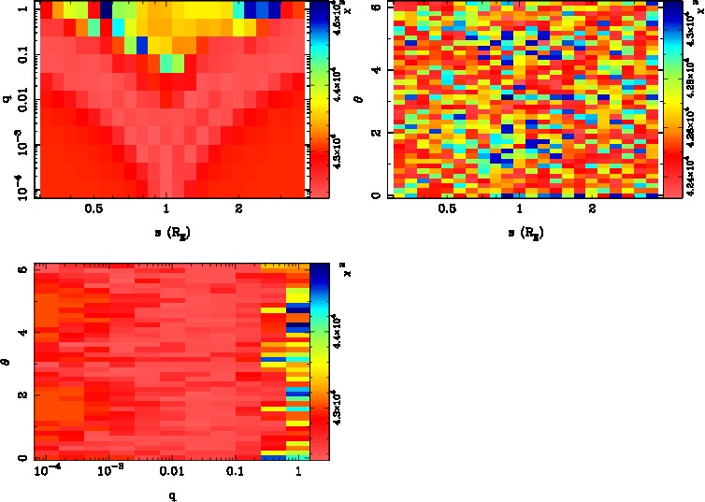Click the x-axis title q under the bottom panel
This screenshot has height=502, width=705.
[172, 496]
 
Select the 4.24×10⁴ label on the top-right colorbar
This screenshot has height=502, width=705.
[692, 175]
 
